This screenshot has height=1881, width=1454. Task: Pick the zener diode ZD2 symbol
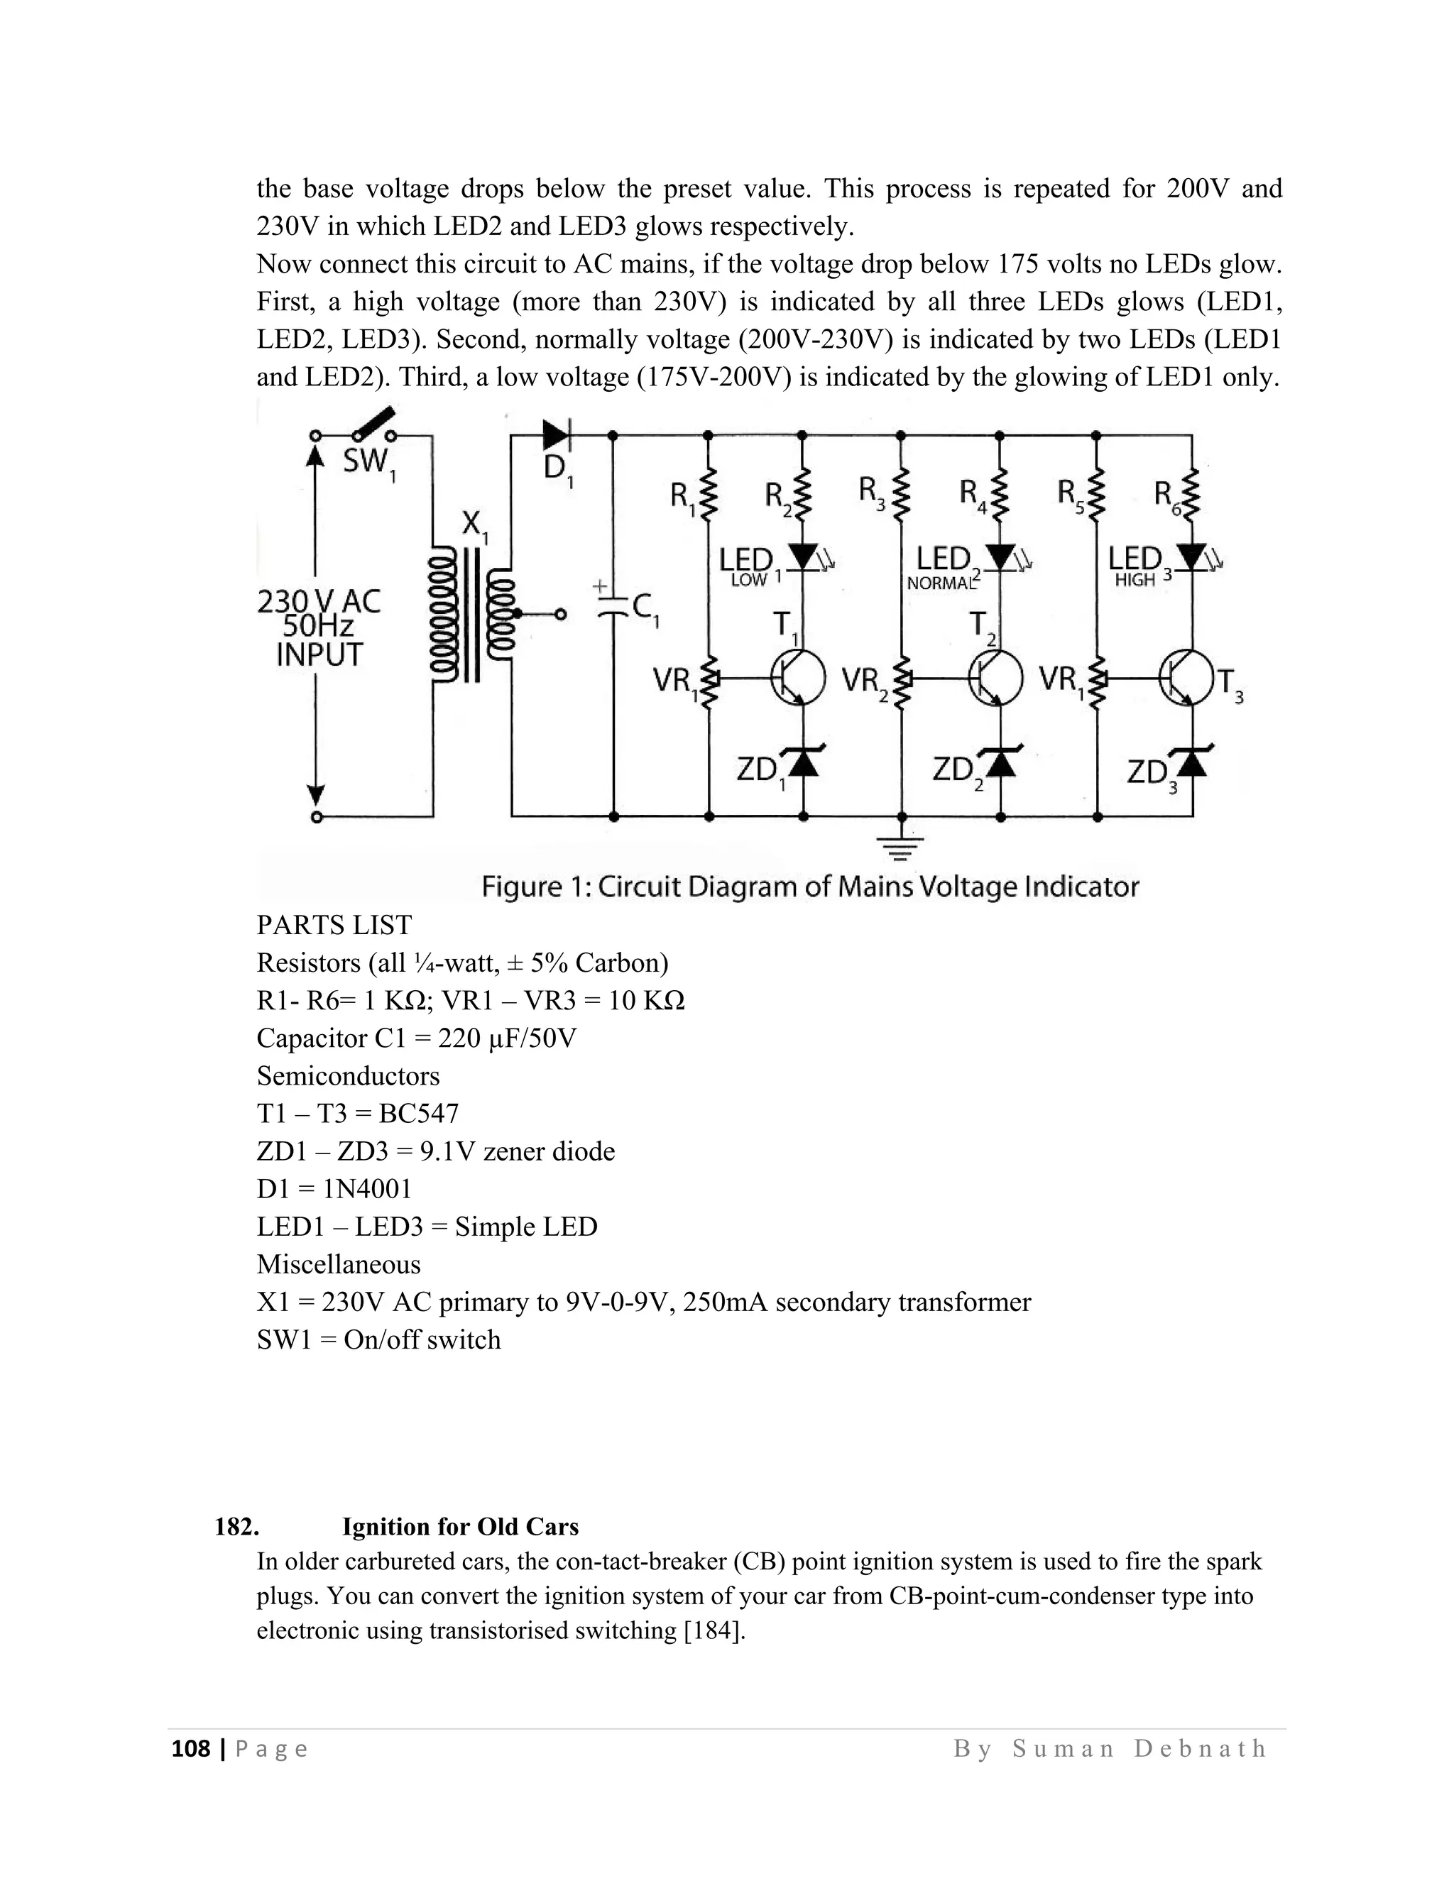[x=1000, y=762]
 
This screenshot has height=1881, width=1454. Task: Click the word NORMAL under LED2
[x=941, y=583]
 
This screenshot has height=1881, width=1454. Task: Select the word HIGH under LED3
[x=1134, y=581]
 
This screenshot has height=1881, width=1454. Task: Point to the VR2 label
[x=864, y=682]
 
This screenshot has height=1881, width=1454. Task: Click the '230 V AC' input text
[x=319, y=601]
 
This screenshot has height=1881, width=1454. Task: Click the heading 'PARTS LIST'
[x=334, y=925]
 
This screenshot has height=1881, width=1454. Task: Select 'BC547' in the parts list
[x=419, y=1114]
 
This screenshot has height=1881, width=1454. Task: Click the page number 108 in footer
[x=191, y=1748]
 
